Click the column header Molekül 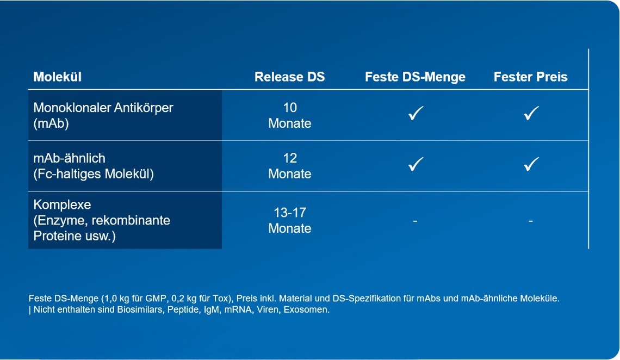57,77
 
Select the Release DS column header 289,77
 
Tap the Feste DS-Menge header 415,77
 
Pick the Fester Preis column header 531,77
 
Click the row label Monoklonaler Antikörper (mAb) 103,115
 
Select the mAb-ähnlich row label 94,166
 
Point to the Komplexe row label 102,220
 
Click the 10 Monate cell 290,115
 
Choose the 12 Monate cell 290,166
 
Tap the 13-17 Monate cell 290,220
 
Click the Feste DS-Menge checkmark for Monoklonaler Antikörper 416,113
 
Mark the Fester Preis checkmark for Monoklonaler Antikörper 531,113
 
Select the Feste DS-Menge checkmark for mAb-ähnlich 416,164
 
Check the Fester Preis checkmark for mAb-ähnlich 531,164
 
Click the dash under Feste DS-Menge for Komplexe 415,221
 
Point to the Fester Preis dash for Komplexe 531,221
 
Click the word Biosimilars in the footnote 140,309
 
